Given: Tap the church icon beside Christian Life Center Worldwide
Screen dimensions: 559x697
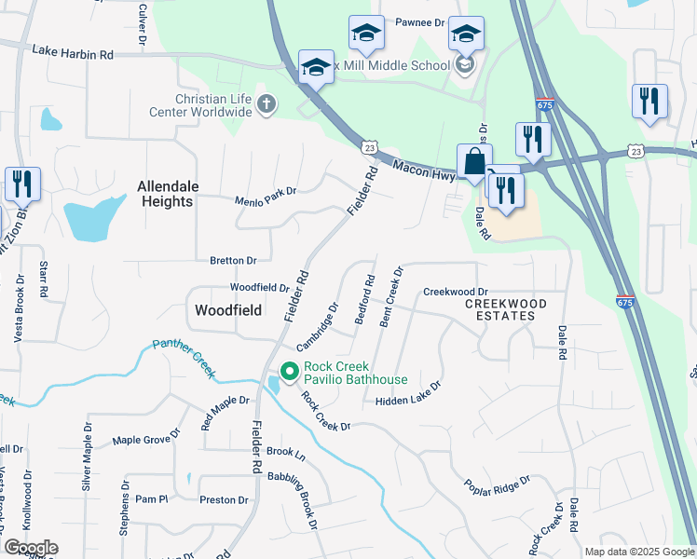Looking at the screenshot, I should pyautogui.click(x=266, y=104).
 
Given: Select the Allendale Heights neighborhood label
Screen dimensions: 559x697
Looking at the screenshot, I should pyautogui.click(x=168, y=194).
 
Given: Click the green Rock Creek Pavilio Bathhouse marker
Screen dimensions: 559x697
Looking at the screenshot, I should pyautogui.click(x=289, y=372).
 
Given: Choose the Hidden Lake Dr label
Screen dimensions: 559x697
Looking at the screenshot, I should pyautogui.click(x=407, y=395).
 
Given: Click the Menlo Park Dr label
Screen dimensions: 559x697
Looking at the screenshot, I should pyautogui.click(x=266, y=192).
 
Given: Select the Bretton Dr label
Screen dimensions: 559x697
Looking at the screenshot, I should pyautogui.click(x=232, y=261).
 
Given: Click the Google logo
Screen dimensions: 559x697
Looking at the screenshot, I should pyautogui.click(x=31, y=547).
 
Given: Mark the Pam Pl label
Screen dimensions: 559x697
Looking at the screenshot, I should pyautogui.click(x=150, y=499).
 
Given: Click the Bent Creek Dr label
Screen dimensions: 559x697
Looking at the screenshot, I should pyautogui.click(x=391, y=296).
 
